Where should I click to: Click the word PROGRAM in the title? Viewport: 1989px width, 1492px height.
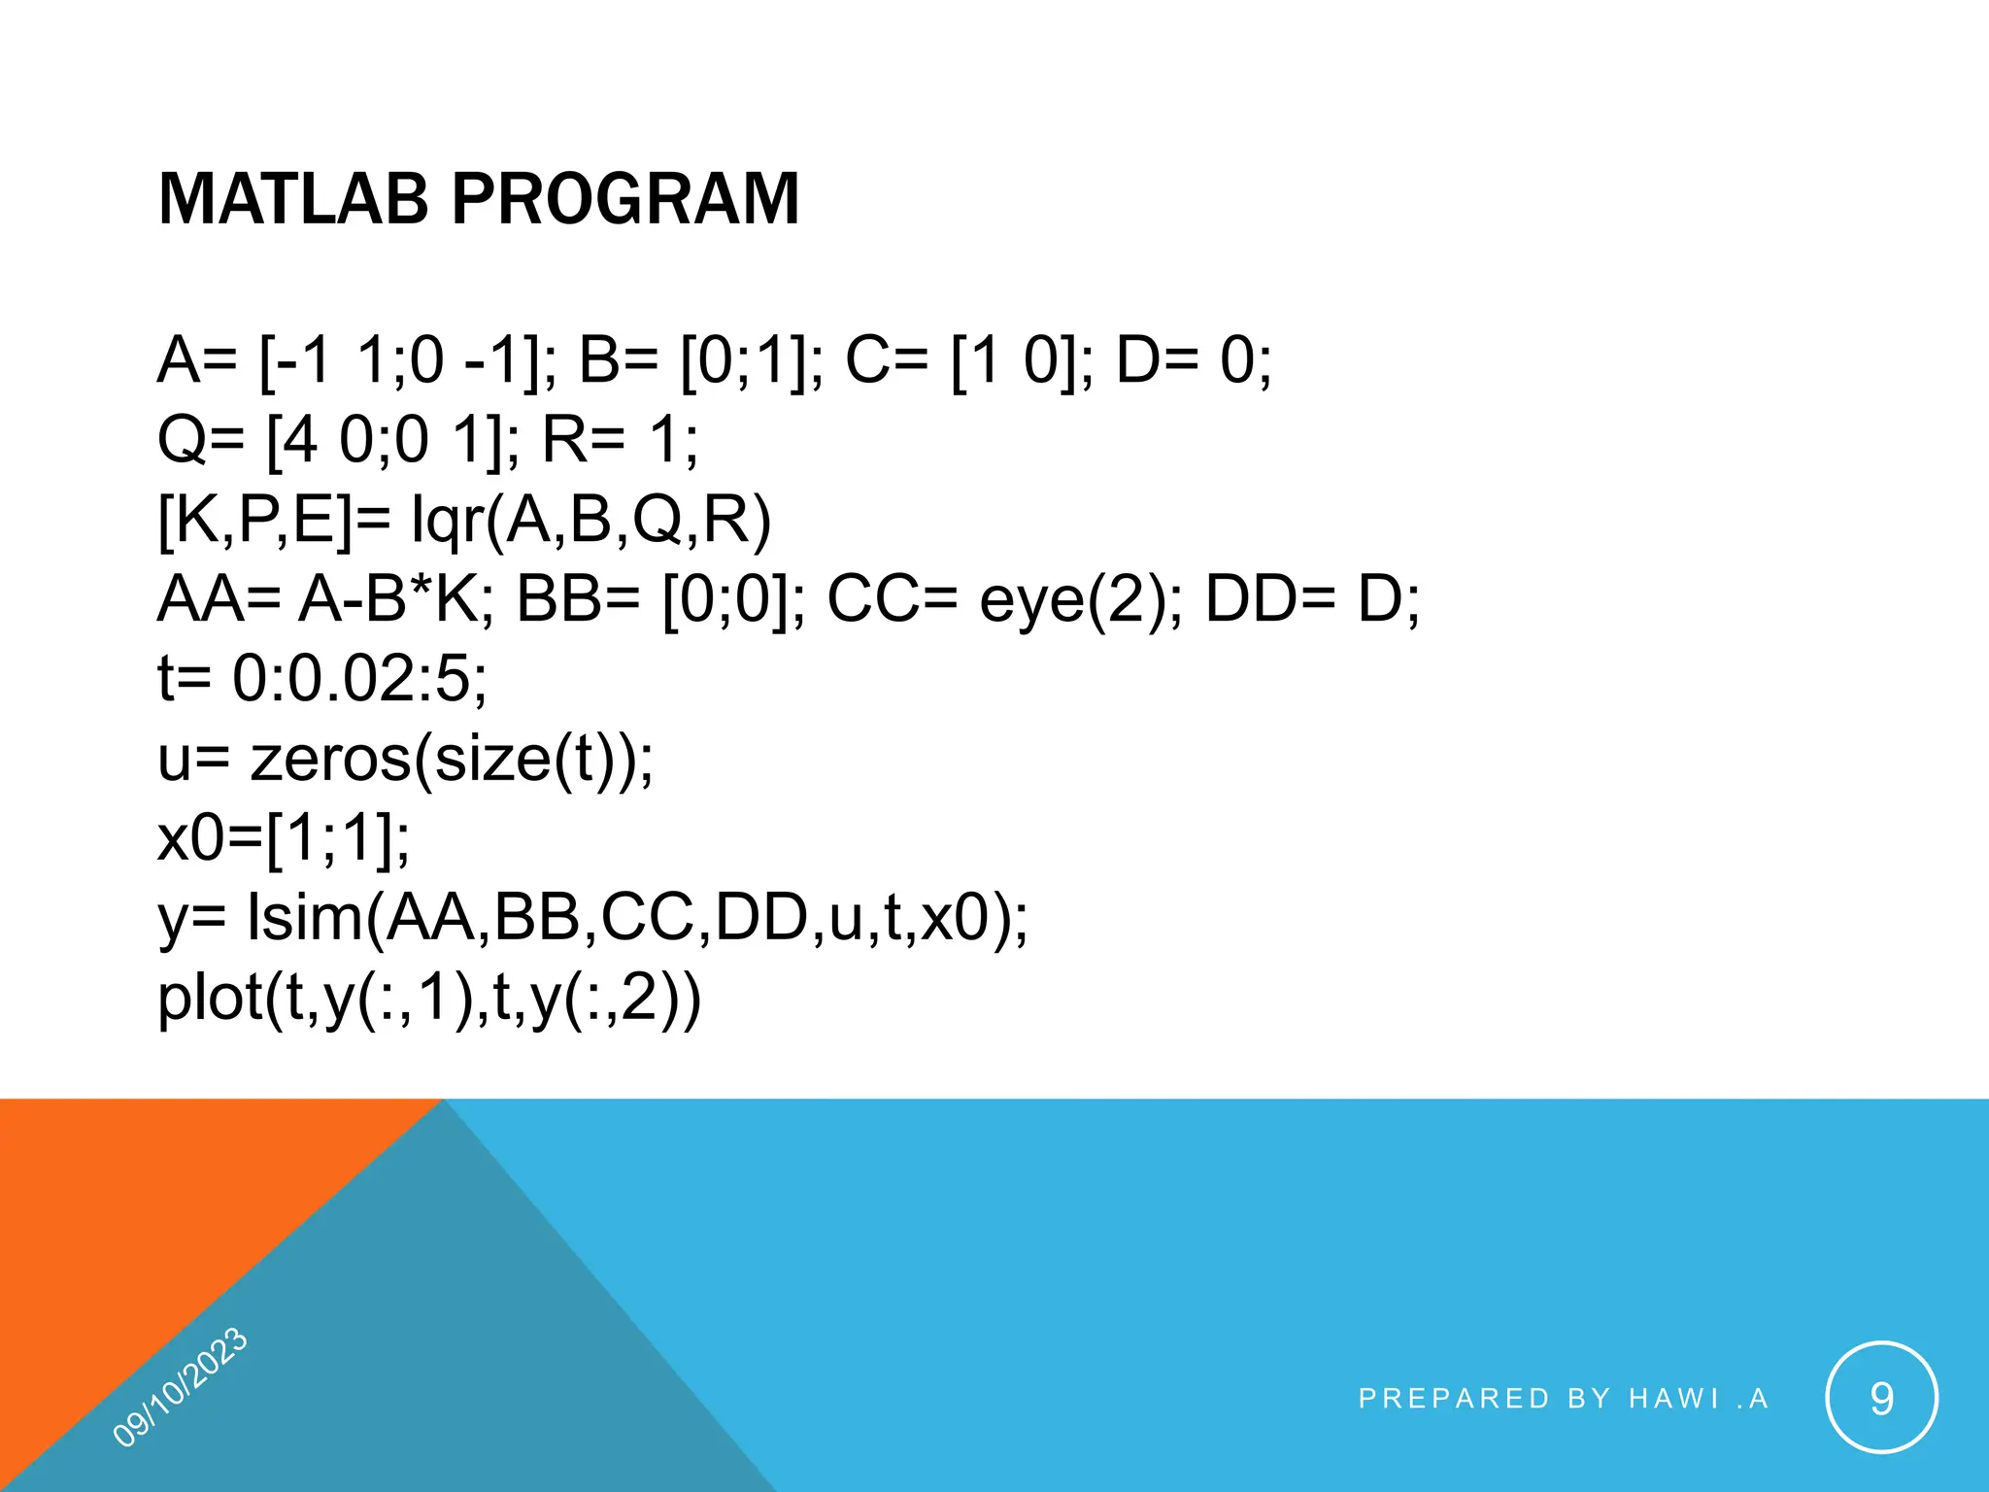pos(625,199)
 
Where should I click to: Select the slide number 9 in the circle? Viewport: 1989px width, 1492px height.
pos(1881,1399)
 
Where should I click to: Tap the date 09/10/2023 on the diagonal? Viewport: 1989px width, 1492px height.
pos(181,1387)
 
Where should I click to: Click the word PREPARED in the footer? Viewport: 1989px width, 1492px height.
pos(1453,1399)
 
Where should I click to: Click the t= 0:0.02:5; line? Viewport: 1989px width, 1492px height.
pos(322,678)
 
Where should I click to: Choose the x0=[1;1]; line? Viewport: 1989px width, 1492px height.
pos(284,837)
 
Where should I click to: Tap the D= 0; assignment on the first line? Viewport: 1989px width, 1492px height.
pos(1193,360)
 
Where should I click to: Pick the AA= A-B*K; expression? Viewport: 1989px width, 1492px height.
pos(325,599)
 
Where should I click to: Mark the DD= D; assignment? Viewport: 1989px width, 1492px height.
pos(1311,599)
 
